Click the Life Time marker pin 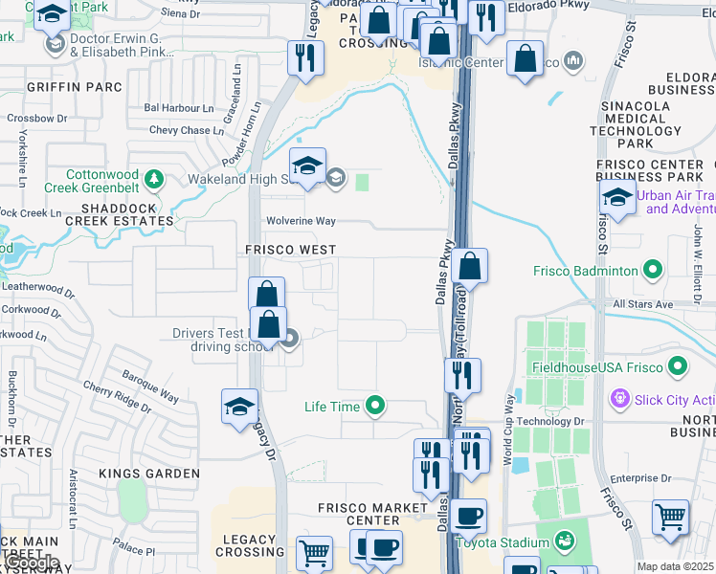375,407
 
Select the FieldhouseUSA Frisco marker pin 679,366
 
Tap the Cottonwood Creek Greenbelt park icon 152,179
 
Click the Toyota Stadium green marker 565,540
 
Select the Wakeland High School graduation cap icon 308,166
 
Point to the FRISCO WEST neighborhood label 288,250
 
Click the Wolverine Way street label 301,221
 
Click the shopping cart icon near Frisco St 670,518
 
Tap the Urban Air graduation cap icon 617,199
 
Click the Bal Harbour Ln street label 179,108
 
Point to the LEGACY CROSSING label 250,546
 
